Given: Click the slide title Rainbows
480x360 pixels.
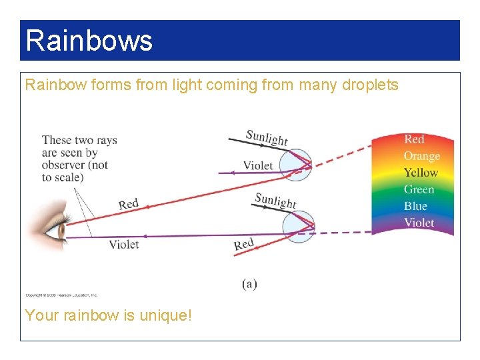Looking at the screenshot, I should point(89,40).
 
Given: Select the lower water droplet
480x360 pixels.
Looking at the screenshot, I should point(298,225).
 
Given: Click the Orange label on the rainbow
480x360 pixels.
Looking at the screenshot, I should point(421,156).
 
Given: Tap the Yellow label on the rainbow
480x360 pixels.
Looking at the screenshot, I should point(421,173).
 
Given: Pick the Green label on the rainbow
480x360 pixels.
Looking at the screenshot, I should point(419,189).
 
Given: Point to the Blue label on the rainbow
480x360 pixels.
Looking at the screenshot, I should point(415,206).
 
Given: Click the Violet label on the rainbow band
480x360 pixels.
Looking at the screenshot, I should point(419,223).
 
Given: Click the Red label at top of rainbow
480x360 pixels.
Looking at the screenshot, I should point(414,139).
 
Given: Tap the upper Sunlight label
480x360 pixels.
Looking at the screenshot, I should point(267,137).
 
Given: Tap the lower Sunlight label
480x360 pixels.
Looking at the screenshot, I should point(275,199).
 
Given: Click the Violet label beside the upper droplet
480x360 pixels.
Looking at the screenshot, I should point(258,165).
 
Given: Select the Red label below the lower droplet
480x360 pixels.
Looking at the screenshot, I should point(244,245).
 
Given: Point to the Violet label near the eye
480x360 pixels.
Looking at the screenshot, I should point(124,244).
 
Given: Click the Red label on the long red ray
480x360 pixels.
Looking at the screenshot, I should point(129,204).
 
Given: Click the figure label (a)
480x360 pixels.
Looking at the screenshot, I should point(249,284).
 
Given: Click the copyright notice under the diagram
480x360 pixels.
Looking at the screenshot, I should point(61,295).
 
